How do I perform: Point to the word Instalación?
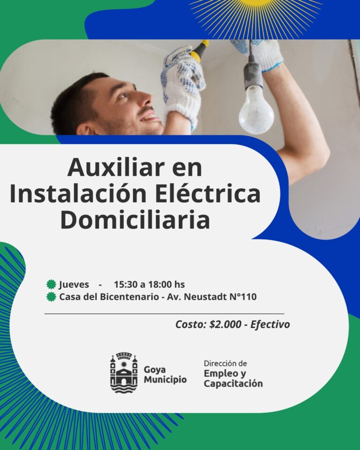coord(78,194)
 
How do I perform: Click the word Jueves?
coord(74,285)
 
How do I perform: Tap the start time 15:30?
coord(126,285)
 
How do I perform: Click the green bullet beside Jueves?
coord(51,284)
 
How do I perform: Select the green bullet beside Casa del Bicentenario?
coord(51,297)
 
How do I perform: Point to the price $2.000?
coord(225,324)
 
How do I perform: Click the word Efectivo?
coord(270,324)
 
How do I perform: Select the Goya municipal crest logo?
coord(124,372)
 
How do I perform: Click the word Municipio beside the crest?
coord(165,379)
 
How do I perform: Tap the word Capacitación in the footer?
coord(233,383)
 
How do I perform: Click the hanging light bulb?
coord(256,111)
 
